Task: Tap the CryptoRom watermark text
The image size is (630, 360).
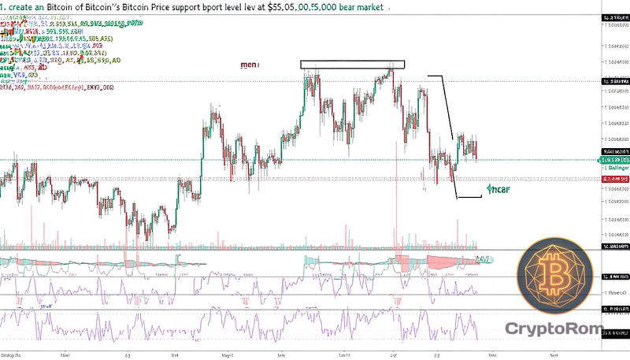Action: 553,327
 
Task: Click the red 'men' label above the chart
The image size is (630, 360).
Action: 250,65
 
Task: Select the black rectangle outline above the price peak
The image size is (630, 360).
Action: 352,65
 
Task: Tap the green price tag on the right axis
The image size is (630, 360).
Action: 617,160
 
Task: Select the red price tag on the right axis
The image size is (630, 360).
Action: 617,180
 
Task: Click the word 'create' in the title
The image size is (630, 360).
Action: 26,7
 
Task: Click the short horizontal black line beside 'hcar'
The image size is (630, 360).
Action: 469,197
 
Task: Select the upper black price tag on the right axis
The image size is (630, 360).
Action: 617,81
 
